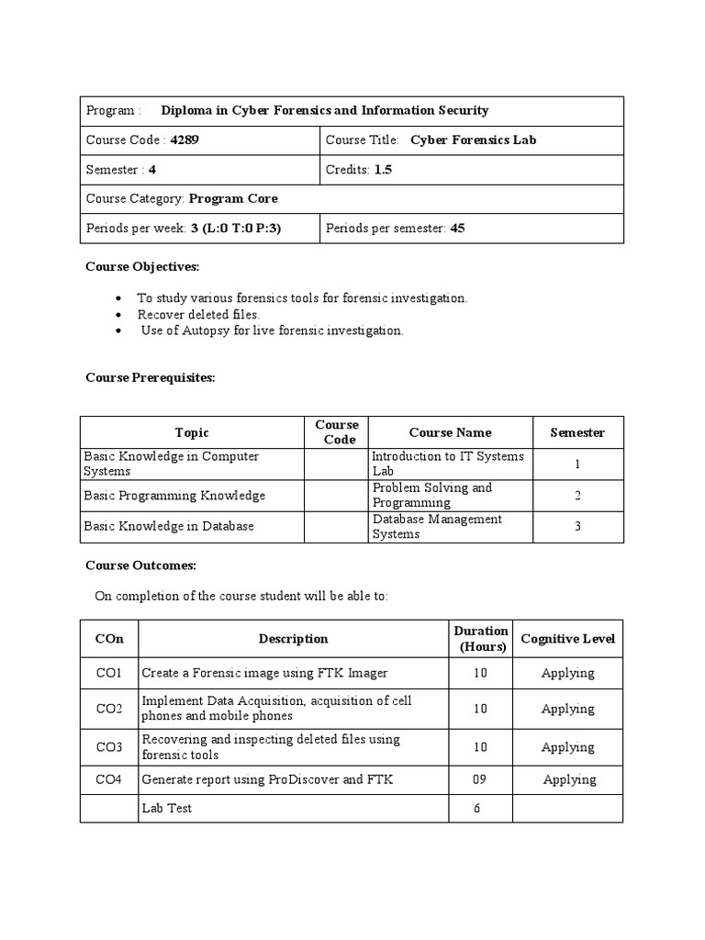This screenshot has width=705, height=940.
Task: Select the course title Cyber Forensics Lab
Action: [x=473, y=140]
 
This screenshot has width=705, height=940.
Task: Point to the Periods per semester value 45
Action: [x=457, y=228]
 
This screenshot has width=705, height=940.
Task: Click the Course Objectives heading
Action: [x=141, y=266]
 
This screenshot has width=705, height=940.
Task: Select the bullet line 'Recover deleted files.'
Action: [x=192, y=314]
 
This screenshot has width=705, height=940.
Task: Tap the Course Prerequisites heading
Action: [x=150, y=377]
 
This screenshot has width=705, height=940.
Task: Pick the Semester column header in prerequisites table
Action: [x=577, y=432]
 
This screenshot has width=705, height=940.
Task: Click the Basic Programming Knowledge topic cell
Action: [x=174, y=496]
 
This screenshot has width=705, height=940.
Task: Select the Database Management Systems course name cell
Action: [x=437, y=526]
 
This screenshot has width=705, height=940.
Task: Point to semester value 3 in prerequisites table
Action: [x=577, y=526]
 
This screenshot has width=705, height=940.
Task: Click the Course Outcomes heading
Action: [x=140, y=565]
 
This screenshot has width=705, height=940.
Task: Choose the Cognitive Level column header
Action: [x=567, y=638]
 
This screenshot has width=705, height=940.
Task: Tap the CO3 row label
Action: [x=108, y=747]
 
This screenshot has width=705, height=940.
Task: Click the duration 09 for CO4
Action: [x=480, y=779]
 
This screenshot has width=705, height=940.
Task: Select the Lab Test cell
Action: [x=166, y=808]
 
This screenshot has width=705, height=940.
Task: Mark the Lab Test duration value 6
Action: [x=480, y=808]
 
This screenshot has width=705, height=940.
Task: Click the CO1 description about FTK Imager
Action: [x=264, y=673]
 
